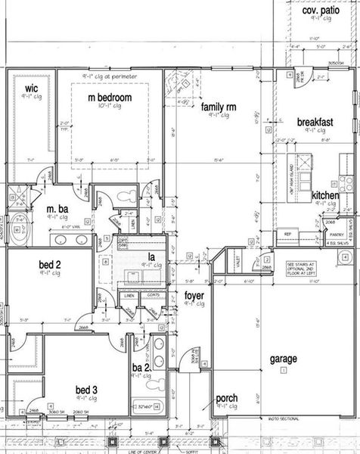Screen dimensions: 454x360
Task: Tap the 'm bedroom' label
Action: pyautogui.click(x=110, y=98)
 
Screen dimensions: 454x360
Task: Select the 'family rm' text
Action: pyautogui.click(x=219, y=108)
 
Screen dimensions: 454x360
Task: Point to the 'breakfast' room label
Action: pyautogui.click(x=315, y=122)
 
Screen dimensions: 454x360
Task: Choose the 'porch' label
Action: pyautogui.click(x=227, y=398)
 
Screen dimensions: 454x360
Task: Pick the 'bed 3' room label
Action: pyautogui.click(x=88, y=390)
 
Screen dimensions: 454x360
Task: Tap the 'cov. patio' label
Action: pyautogui.click(x=321, y=12)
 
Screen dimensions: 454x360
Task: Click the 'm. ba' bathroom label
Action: pyautogui.click(x=58, y=209)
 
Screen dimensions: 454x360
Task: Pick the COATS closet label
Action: pyautogui.click(x=154, y=294)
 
